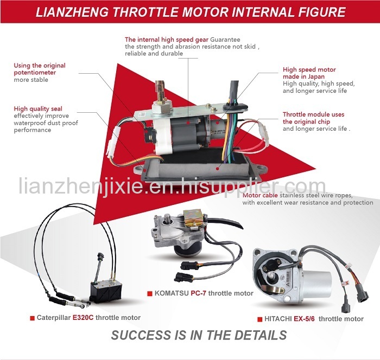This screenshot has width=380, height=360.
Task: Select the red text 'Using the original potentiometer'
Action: (x=40, y=69)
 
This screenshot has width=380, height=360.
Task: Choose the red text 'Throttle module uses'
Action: (x=313, y=114)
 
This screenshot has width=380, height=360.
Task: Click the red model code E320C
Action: (x=83, y=318)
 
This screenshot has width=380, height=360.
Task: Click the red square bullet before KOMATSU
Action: (x=150, y=294)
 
